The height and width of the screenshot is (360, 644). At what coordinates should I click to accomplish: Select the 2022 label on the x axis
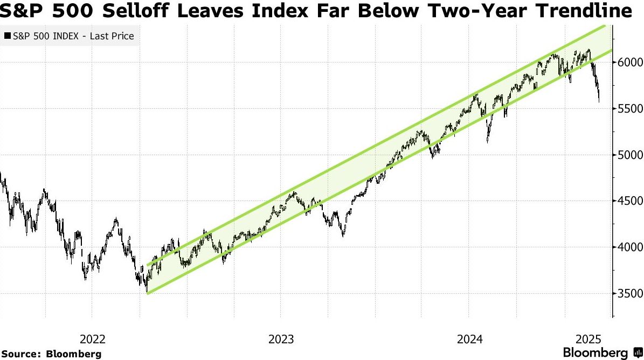coord(93,339)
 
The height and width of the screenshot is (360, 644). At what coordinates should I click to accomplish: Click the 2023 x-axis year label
coord(281,339)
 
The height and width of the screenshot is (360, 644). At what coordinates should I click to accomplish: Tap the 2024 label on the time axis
coord(469,339)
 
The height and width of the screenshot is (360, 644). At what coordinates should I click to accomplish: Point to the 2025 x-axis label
coord(588,339)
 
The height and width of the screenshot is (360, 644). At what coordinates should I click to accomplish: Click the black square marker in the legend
coord(7,36)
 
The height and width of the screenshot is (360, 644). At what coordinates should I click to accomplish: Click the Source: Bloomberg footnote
coord(51,354)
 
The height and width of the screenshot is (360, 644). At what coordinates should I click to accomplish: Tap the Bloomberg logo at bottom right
coord(603,352)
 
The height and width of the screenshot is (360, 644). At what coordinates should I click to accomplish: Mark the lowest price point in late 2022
coord(147,292)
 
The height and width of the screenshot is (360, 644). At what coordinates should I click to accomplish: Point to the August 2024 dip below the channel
coord(487,142)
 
